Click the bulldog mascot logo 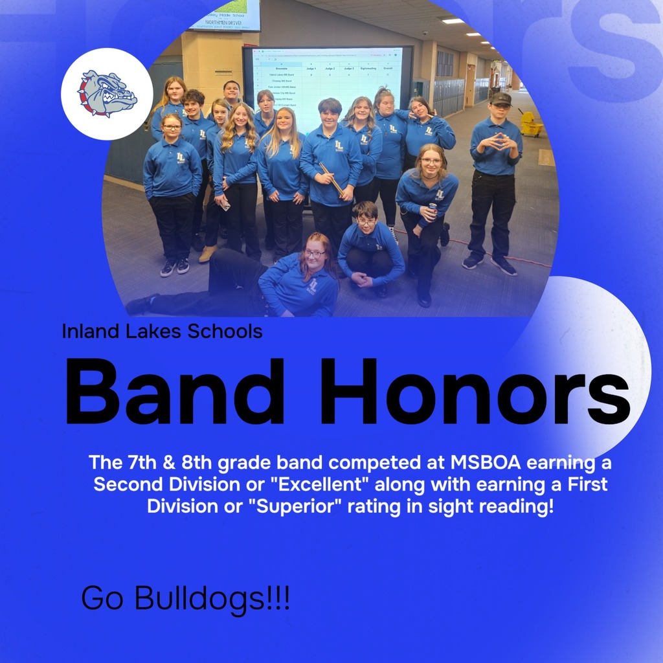pyautogui.click(x=107, y=95)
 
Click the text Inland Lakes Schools pyautogui.click(x=162, y=331)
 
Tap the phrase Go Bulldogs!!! pyautogui.click(x=185, y=599)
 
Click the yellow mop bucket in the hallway pyautogui.click(x=531, y=124)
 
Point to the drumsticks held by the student pyautogui.click(x=331, y=178)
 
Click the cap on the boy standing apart pyautogui.click(x=500, y=99)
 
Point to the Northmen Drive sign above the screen pyautogui.click(x=224, y=20)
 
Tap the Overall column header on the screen pyautogui.click(x=388, y=67)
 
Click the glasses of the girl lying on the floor pyautogui.click(x=315, y=254)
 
